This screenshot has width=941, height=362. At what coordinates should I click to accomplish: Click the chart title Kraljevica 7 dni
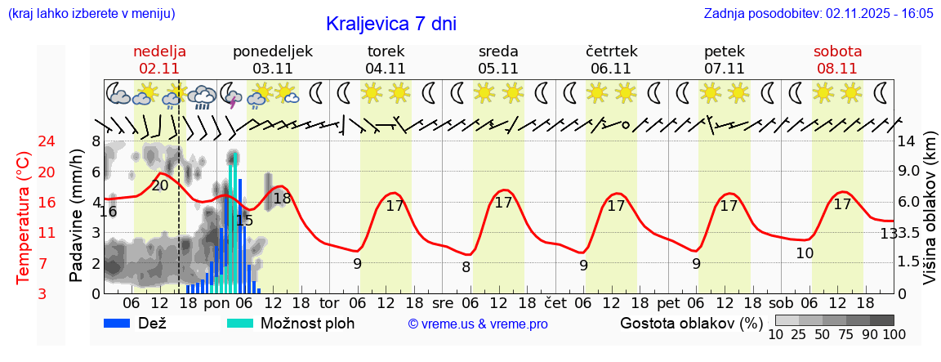(390, 24)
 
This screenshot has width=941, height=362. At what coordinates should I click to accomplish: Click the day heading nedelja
(160, 51)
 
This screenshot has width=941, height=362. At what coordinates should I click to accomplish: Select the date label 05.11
(498, 69)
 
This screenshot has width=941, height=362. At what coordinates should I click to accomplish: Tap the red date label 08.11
(837, 69)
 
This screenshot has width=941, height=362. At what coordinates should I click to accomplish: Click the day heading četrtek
(611, 51)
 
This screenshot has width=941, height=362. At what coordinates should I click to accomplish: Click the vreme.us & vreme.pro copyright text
(477, 324)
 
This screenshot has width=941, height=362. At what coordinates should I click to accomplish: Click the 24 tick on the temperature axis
(25, 141)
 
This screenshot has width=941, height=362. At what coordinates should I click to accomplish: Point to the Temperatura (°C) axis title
(24, 217)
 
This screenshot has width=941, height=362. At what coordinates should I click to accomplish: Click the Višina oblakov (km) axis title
(930, 221)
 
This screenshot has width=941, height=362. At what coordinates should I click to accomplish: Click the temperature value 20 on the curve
(159, 185)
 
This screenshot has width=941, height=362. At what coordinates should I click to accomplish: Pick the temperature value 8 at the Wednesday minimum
(466, 266)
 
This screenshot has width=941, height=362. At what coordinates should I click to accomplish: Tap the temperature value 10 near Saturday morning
(805, 253)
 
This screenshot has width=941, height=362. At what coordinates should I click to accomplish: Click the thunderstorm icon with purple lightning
(232, 96)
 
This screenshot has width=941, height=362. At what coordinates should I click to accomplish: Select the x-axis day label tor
(329, 303)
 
